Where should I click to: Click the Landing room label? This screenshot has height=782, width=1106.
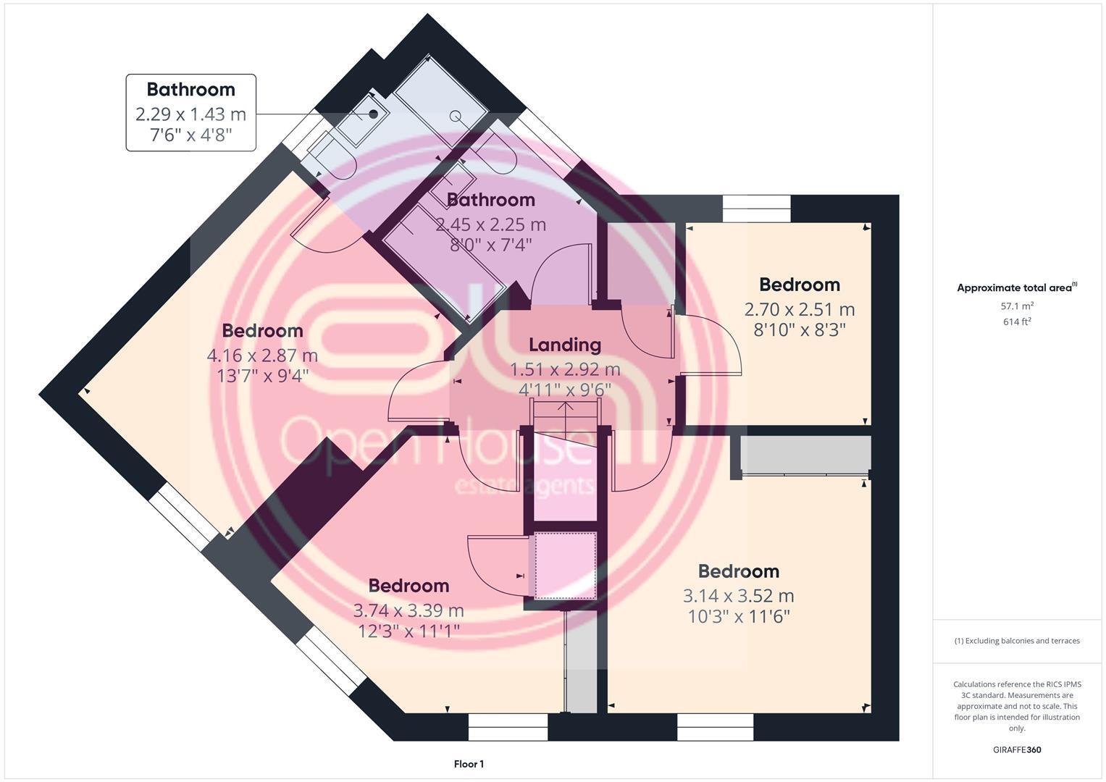click(565, 345)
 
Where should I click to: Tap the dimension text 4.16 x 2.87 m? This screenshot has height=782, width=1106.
click(262, 356)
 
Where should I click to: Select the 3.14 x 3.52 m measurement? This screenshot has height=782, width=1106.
click(739, 596)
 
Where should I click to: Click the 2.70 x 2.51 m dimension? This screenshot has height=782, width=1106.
click(800, 310)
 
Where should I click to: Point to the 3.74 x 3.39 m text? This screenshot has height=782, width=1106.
click(409, 610)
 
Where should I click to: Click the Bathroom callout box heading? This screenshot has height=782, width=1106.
click(191, 89)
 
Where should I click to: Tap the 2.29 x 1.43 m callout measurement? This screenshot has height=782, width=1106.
click(191, 114)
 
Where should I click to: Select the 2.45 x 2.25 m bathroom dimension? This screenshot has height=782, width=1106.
click(491, 224)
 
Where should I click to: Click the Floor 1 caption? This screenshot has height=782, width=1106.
click(469, 764)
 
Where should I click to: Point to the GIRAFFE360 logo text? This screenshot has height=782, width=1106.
click(1017, 749)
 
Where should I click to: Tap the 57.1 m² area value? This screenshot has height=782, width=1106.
click(1017, 306)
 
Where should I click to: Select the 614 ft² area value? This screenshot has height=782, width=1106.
click(1017, 322)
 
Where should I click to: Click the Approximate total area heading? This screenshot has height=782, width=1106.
click(1017, 288)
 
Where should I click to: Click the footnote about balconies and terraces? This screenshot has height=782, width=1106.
click(1017, 641)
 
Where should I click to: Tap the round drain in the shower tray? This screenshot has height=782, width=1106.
click(455, 116)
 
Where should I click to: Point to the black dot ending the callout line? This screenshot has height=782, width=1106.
click(374, 114)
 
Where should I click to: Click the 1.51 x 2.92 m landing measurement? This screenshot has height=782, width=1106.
click(565, 369)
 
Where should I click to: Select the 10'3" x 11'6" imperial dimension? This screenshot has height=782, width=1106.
click(739, 617)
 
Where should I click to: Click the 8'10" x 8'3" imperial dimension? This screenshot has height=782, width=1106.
click(800, 329)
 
